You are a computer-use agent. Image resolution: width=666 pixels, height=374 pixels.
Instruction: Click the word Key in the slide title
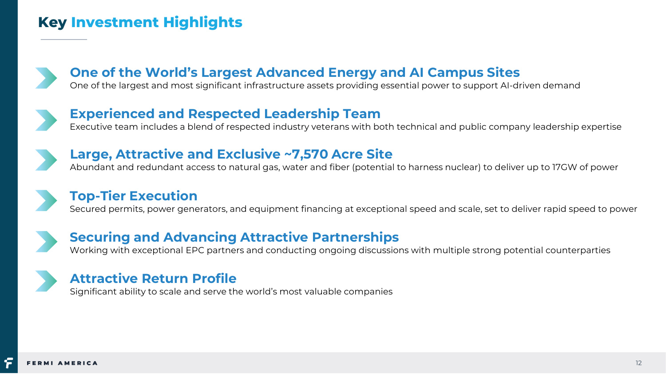tap(52, 23)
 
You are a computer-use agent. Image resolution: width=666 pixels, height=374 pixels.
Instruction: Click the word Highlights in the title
tap(203, 23)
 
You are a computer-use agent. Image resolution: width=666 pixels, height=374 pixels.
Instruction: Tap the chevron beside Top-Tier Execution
tap(46, 200)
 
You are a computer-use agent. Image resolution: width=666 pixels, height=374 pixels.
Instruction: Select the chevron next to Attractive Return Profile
tap(46, 281)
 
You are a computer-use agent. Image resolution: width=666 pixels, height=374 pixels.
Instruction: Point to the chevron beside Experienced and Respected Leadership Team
tap(46, 120)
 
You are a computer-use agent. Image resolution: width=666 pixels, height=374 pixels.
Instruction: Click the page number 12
tap(638, 363)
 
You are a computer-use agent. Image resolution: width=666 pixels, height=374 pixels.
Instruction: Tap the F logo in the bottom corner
tap(8, 363)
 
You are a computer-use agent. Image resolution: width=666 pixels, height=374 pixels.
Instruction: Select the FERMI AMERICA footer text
tap(62, 363)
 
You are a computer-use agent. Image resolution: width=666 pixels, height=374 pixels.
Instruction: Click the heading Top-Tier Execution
tap(134, 196)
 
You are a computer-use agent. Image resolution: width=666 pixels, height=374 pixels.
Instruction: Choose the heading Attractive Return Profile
tap(153, 279)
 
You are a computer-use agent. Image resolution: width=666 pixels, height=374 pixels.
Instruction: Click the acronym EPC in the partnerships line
tap(195, 250)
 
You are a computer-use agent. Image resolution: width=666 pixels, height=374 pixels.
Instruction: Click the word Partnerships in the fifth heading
tap(355, 238)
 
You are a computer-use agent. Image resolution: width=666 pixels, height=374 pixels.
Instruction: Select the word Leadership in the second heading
tap(301, 114)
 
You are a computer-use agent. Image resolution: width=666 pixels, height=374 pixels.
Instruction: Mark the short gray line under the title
tap(63, 39)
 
